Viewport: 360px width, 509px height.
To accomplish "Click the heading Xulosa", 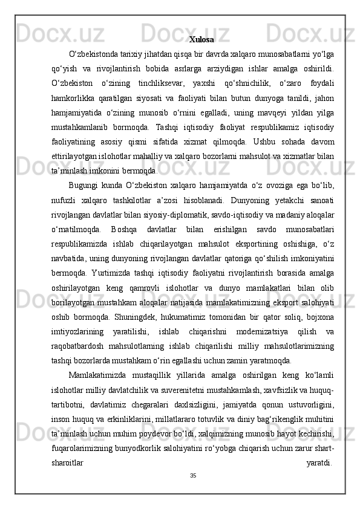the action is [x=201, y=40].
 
